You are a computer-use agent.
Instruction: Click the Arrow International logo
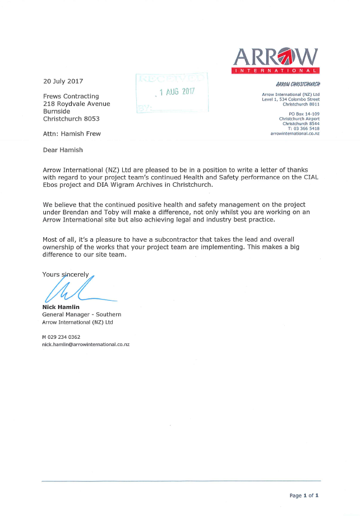click(275, 59)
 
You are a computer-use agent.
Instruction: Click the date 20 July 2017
click(63, 81)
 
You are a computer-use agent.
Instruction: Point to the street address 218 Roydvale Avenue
click(76, 104)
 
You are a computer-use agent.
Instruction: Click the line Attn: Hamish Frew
click(72, 134)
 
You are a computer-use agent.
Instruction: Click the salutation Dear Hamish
click(63, 150)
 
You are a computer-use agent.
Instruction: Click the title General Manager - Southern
click(82, 315)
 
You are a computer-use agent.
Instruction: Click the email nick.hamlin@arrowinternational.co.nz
click(86, 344)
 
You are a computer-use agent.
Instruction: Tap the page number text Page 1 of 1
click(304, 496)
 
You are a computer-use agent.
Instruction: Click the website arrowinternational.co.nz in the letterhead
click(295, 133)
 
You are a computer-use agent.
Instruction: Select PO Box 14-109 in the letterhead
click(304, 114)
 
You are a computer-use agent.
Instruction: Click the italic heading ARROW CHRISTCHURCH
click(298, 85)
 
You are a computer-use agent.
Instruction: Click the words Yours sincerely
click(66, 274)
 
